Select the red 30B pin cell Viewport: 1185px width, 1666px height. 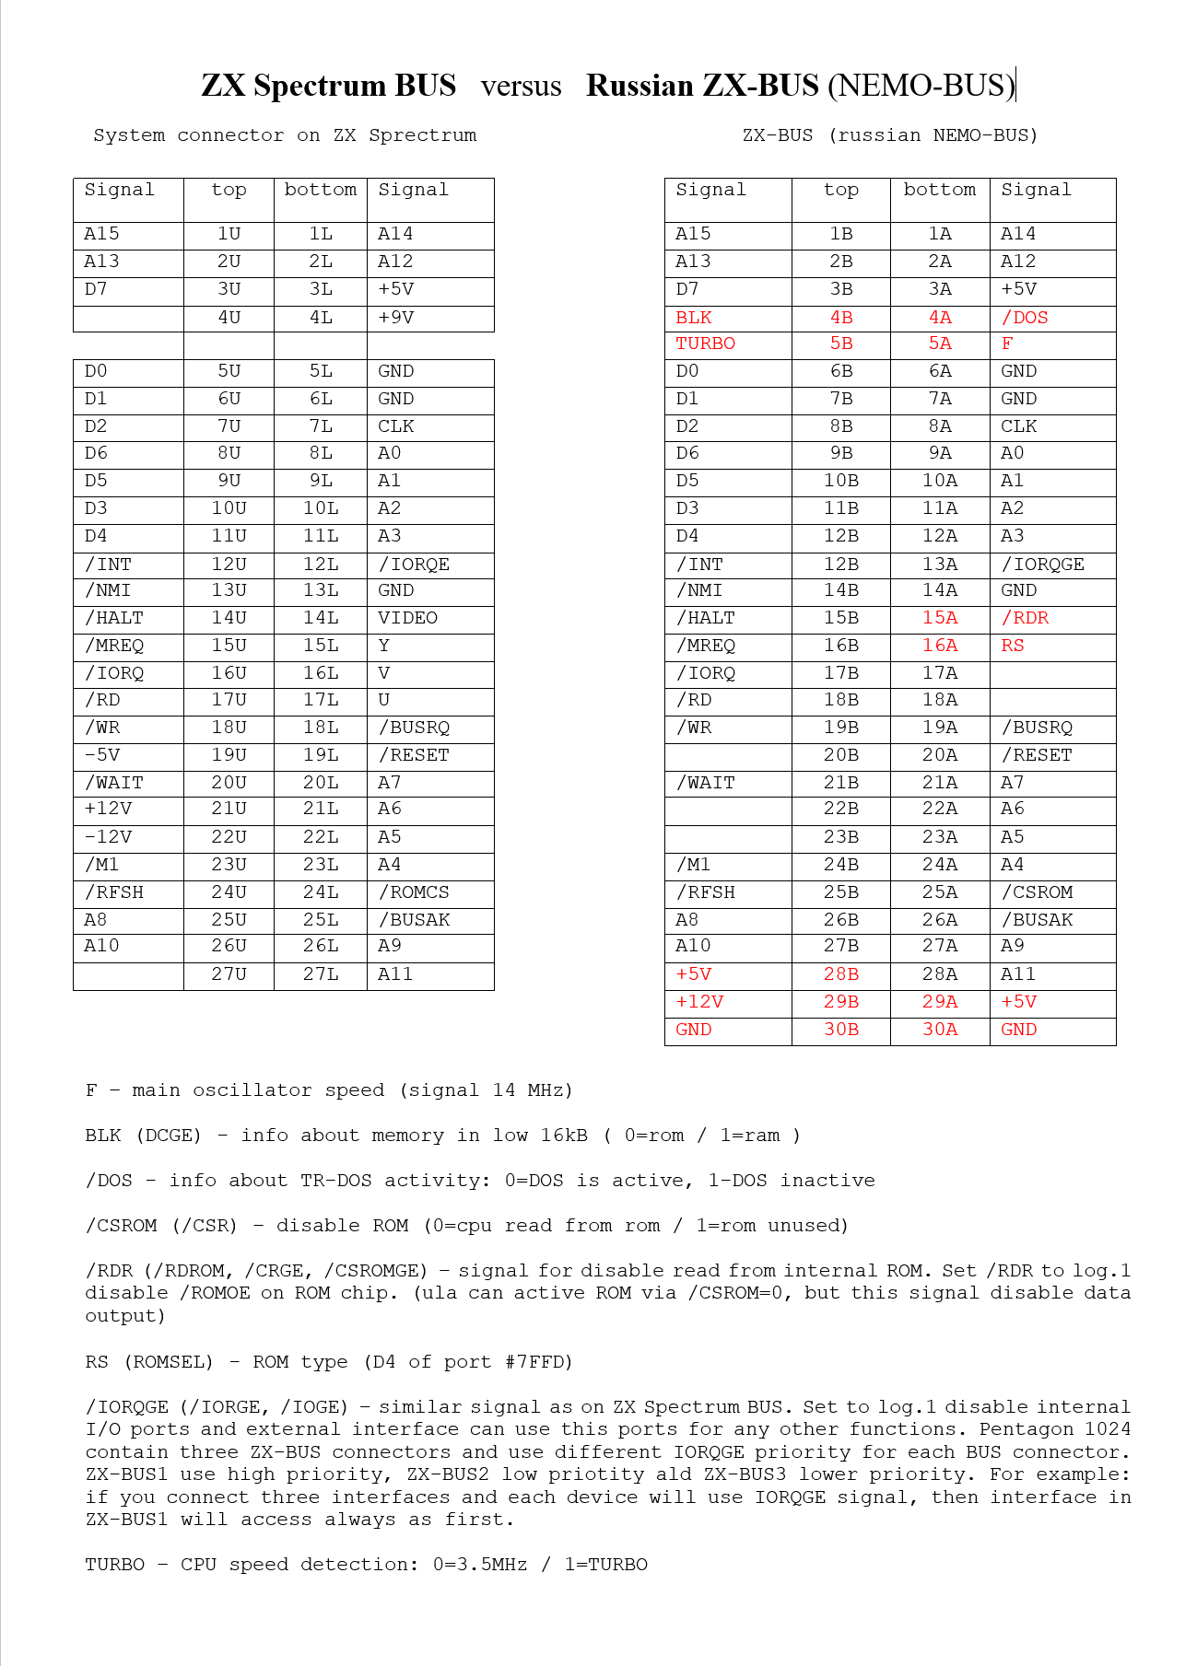click(x=841, y=1030)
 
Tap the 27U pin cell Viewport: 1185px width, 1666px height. click(x=229, y=974)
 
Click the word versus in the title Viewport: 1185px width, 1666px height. click(x=521, y=86)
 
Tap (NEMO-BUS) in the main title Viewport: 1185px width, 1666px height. click(x=921, y=86)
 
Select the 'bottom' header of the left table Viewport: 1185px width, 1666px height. click(x=320, y=190)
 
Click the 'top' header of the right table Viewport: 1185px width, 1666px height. click(x=840, y=190)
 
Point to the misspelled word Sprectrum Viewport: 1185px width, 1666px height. click(x=422, y=135)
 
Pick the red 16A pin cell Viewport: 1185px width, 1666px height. click(x=940, y=646)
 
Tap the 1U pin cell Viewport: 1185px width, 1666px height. click(x=229, y=234)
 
